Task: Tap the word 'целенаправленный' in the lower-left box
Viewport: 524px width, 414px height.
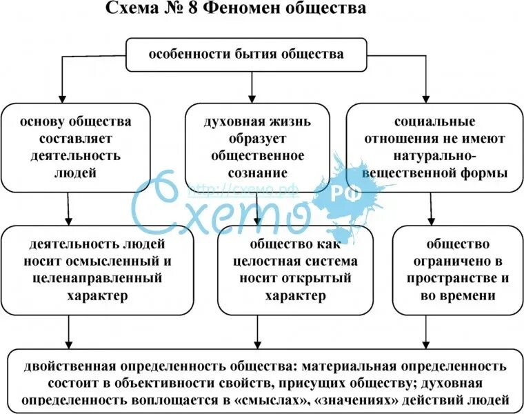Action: click(96, 278)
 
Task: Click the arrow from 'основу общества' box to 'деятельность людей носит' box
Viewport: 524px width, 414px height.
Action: click(68, 210)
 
